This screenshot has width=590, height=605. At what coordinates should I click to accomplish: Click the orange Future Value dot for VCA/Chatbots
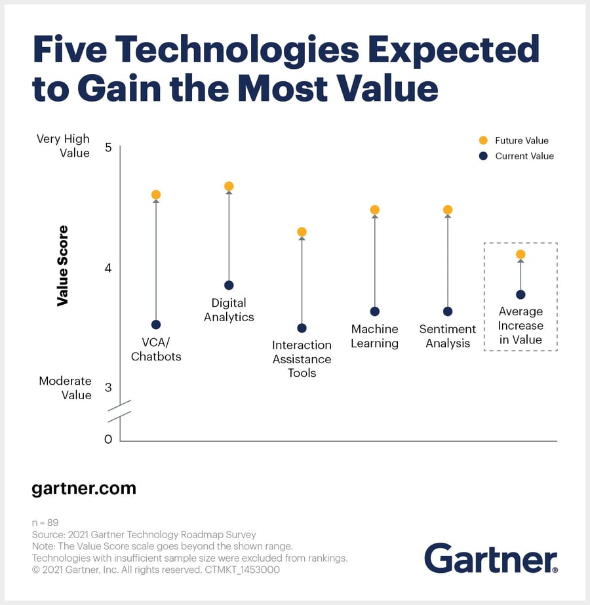click(156, 195)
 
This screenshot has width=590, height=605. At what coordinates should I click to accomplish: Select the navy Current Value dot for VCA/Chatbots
click(156, 324)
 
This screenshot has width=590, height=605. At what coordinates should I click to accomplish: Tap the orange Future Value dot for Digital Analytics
click(229, 186)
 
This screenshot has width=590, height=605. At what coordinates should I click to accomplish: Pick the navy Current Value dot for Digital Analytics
click(229, 285)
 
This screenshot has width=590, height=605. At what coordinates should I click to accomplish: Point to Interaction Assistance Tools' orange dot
click(302, 232)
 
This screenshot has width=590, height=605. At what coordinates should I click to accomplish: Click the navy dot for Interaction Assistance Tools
click(302, 328)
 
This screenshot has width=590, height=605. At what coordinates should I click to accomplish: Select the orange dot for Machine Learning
click(375, 210)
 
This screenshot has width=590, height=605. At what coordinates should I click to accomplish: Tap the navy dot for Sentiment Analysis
click(448, 311)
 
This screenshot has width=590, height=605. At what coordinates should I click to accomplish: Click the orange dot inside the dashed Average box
click(521, 254)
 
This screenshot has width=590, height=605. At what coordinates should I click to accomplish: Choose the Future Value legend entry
click(515, 140)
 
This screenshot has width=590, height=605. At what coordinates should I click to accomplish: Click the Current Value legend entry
click(517, 156)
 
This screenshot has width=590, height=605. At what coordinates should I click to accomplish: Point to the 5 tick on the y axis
click(108, 148)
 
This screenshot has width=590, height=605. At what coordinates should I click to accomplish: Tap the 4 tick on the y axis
click(108, 268)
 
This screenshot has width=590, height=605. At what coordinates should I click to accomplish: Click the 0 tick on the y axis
click(108, 439)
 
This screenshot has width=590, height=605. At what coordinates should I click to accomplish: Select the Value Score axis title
click(63, 265)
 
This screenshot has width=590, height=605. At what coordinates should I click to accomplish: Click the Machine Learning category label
click(374, 336)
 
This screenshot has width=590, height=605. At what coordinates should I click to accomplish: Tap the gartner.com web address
click(84, 488)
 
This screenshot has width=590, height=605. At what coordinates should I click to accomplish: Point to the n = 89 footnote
click(45, 523)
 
